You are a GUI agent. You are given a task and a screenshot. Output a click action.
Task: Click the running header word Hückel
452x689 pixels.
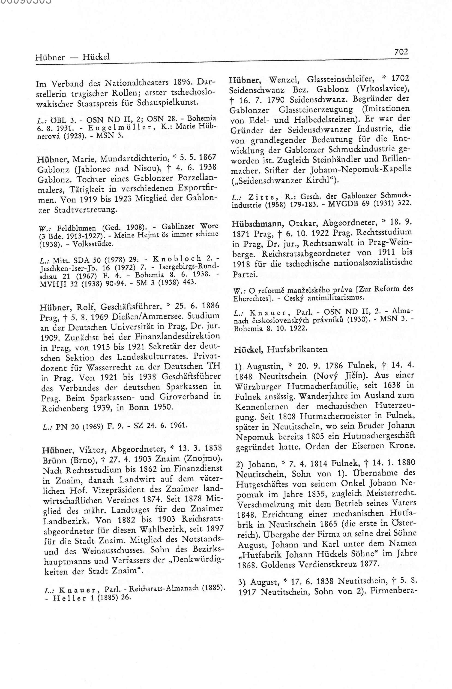[x=96, y=56]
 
